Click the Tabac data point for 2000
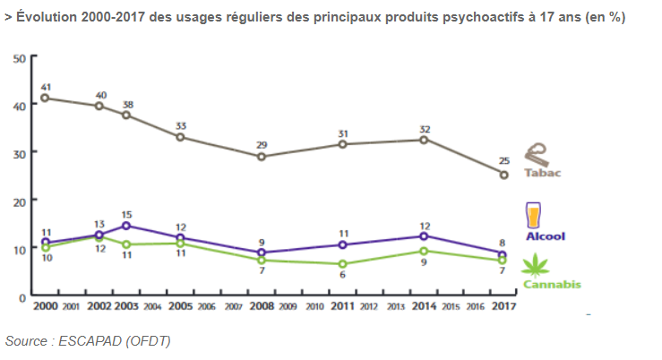click(x=45, y=98)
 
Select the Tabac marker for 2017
click(x=503, y=175)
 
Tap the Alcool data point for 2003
click(x=126, y=226)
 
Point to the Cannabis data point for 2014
click(x=425, y=251)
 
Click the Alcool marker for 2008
click(x=262, y=253)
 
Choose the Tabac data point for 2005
click(x=180, y=137)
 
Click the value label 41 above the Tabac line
click(x=46, y=87)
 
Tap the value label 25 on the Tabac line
click(x=503, y=161)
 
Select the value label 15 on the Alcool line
click(x=126, y=214)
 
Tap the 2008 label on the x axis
click(x=262, y=306)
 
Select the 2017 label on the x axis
click(x=503, y=306)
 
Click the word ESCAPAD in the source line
click(x=82, y=341)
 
